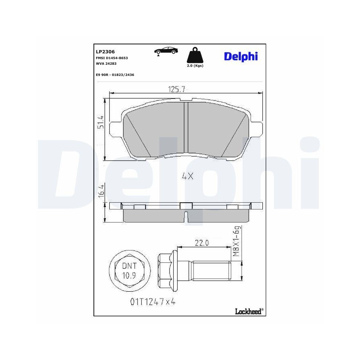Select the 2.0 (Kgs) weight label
click(194, 66)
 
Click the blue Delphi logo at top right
click(241, 57)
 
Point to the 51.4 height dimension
click(101, 122)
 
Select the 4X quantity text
click(188, 176)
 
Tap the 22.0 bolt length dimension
click(202, 243)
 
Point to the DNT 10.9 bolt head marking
click(129, 271)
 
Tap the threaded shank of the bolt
click(212, 271)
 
